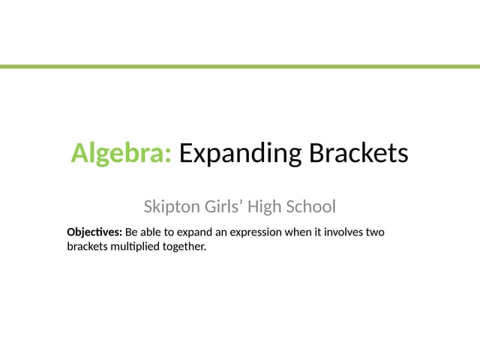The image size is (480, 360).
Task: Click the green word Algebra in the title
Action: point(121,154)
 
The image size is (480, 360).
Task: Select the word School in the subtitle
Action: point(314,205)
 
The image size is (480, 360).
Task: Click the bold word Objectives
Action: point(94,232)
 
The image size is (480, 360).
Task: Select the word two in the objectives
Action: point(376,232)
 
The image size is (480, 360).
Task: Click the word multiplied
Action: point(135,245)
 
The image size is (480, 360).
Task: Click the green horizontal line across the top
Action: point(240,67)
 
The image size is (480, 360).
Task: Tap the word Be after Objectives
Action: point(131,232)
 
